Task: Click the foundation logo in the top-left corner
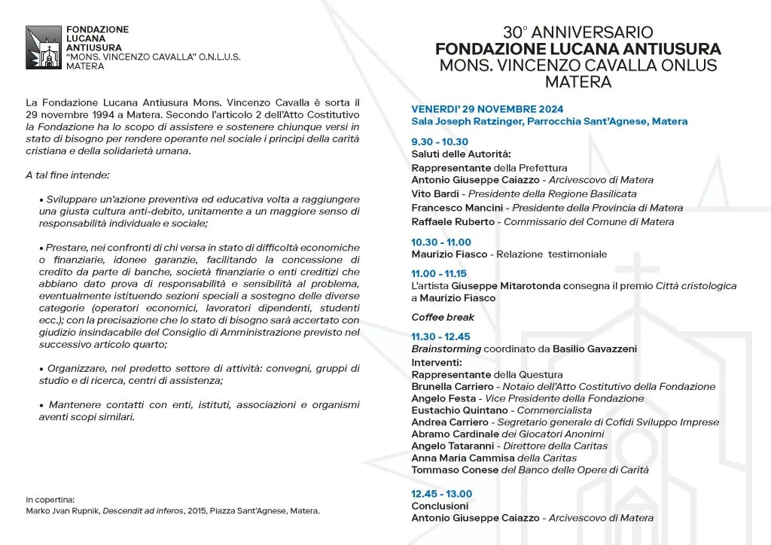[x=42, y=48]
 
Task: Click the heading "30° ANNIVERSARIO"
[x=578, y=32]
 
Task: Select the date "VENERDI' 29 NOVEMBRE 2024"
[x=487, y=109]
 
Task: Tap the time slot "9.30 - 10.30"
[x=440, y=142]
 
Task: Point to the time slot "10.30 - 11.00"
[x=441, y=242]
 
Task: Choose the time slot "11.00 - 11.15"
[x=439, y=274]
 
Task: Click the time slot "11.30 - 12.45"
[x=440, y=336]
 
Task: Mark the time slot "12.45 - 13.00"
[x=442, y=494]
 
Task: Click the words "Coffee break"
[x=443, y=317]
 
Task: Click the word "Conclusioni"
[x=440, y=506]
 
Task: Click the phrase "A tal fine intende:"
[x=67, y=175]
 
